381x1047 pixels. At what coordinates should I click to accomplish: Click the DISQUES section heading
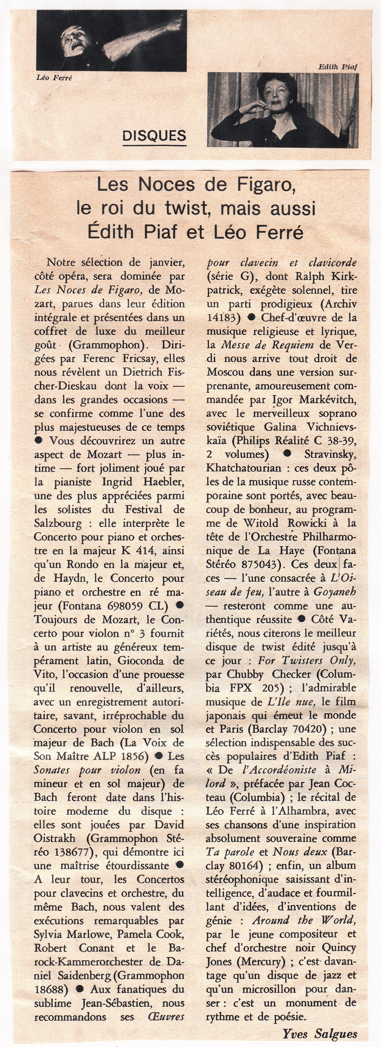pyautogui.click(x=154, y=136)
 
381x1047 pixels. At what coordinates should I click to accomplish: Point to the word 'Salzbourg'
pyautogui.click(x=58, y=523)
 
